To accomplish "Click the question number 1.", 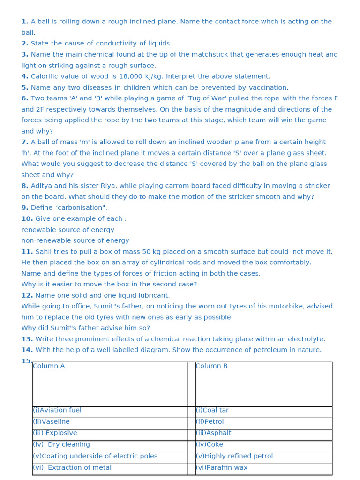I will coord(25,22).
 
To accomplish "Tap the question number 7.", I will coord(25,142).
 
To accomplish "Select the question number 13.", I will coord(27,339).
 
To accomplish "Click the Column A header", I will coord(49,366).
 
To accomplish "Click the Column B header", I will coord(211,366).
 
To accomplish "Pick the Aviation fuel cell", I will coord(57,410).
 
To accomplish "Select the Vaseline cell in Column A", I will coord(51,422).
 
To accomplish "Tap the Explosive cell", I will coord(55,433).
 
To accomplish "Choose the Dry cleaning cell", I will coord(61,444).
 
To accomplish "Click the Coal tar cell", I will coord(212,410).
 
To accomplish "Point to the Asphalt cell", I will coord(214,433).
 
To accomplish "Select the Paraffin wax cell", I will coord(222,467).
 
